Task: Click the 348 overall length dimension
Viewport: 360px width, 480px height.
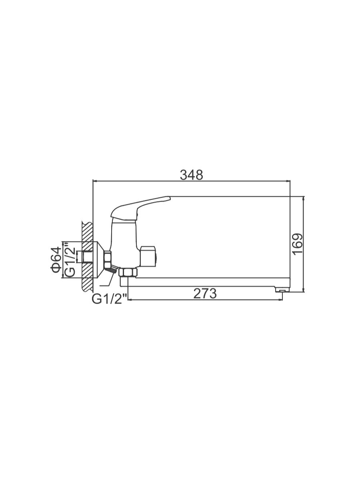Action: pos(192,175)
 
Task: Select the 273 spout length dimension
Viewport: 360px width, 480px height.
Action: pos(205,294)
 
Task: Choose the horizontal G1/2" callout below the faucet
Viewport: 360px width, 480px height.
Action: pos(109,298)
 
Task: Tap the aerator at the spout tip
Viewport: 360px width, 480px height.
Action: pos(282,290)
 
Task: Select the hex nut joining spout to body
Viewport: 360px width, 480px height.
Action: pos(128,273)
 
